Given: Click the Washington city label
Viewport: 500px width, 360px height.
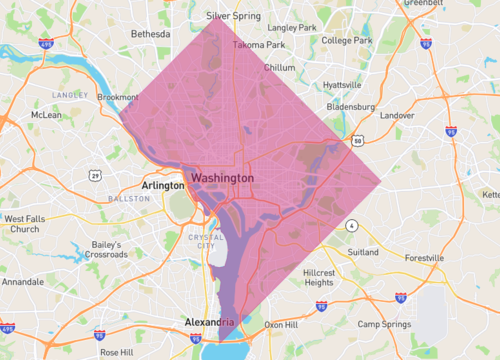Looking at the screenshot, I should (x=222, y=177).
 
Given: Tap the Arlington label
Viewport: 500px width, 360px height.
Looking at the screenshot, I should (x=163, y=185).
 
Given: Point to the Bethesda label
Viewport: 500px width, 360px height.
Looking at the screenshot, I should (x=151, y=34).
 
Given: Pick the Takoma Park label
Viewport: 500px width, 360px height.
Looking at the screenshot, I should (x=256, y=46).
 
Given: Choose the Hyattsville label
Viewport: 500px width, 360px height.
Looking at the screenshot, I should (x=343, y=85).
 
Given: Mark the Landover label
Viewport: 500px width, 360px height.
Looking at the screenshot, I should (x=397, y=115).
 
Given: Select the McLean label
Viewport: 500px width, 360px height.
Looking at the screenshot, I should (x=46, y=115).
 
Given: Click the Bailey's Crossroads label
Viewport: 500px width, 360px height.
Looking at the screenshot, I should (x=120, y=250).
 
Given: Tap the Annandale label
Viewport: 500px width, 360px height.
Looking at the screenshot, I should (x=23, y=282).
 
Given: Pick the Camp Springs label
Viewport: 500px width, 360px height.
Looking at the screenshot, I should (x=384, y=324).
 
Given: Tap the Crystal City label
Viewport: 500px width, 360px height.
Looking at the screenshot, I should (x=206, y=240).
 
